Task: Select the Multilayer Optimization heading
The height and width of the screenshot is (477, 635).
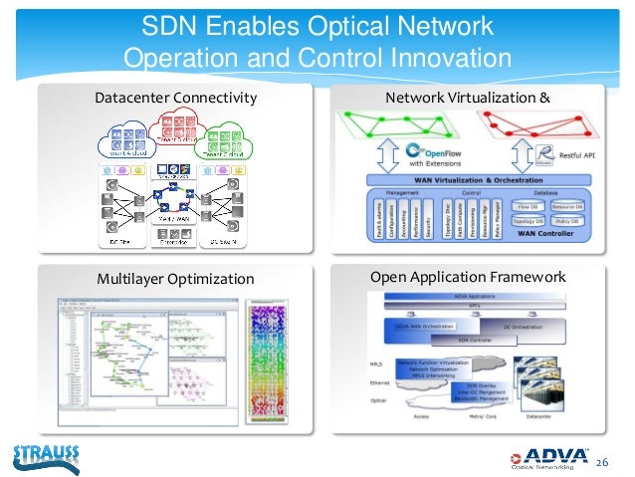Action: pos(174,278)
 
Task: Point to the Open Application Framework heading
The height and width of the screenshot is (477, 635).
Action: pos(467,277)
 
